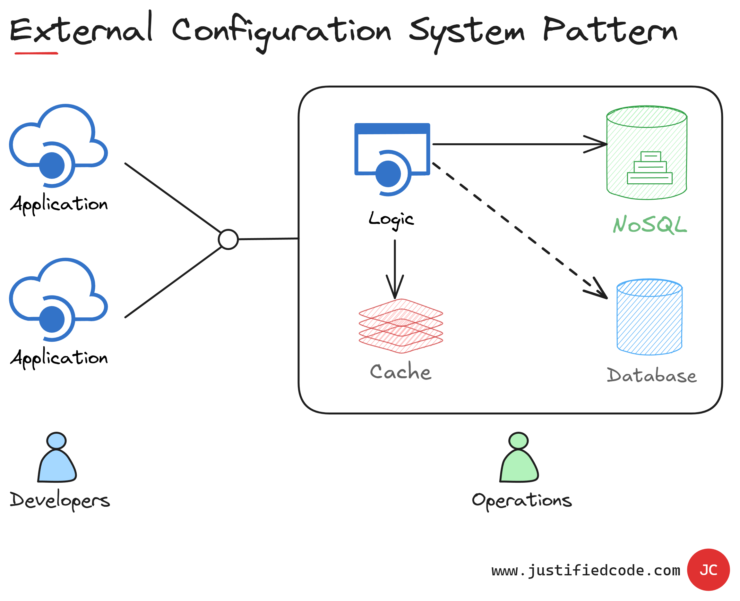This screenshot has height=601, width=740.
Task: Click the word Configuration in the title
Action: click(x=281, y=31)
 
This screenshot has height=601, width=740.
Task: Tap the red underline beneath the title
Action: click(x=36, y=53)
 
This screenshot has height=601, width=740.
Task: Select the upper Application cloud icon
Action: click(x=58, y=146)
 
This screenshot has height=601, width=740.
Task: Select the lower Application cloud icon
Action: click(x=58, y=299)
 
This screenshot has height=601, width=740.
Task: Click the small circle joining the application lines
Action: click(x=228, y=239)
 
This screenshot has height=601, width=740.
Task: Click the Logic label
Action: click(x=391, y=220)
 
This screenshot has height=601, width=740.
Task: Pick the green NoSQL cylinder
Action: click(x=646, y=153)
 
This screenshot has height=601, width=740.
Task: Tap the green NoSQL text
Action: click(x=650, y=225)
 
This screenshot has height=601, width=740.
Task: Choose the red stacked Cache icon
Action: click(x=401, y=326)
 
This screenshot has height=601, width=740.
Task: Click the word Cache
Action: click(x=401, y=372)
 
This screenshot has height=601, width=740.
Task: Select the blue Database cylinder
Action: click(x=649, y=317)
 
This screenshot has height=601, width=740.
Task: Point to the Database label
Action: click(x=651, y=376)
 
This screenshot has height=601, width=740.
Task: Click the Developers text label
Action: click(x=60, y=500)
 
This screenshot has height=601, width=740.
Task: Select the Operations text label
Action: click(x=522, y=501)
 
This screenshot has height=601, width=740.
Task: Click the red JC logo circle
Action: click(x=708, y=570)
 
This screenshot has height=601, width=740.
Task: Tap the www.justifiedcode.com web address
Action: click(x=586, y=570)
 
